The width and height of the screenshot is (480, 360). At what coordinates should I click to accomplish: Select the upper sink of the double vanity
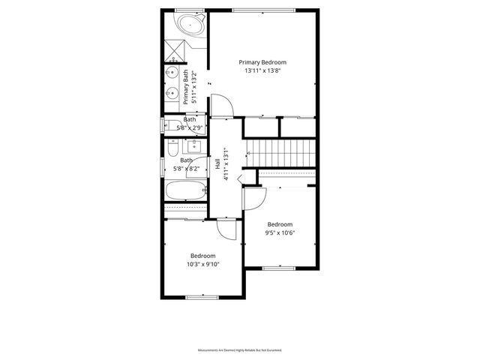[x=173, y=75]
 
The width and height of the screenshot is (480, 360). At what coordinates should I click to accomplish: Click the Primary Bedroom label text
[x=262, y=62]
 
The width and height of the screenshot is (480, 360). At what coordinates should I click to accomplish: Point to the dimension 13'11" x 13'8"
[x=262, y=71]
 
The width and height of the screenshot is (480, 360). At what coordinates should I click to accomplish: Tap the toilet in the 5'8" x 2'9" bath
[x=170, y=124]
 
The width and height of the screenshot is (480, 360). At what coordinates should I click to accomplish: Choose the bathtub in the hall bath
[x=184, y=192]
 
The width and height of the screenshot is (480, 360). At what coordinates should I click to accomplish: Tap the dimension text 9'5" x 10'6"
[x=280, y=232]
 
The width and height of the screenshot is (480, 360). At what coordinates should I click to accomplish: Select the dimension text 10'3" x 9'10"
[x=202, y=263]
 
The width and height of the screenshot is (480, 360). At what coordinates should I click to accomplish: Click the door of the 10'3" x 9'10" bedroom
[x=227, y=229]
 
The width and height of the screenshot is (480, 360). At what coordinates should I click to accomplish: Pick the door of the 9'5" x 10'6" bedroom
[x=256, y=199]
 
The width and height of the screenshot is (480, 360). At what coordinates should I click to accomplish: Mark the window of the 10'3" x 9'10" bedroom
[x=202, y=298]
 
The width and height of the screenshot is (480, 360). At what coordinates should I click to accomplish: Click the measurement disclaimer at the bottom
[x=239, y=350]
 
